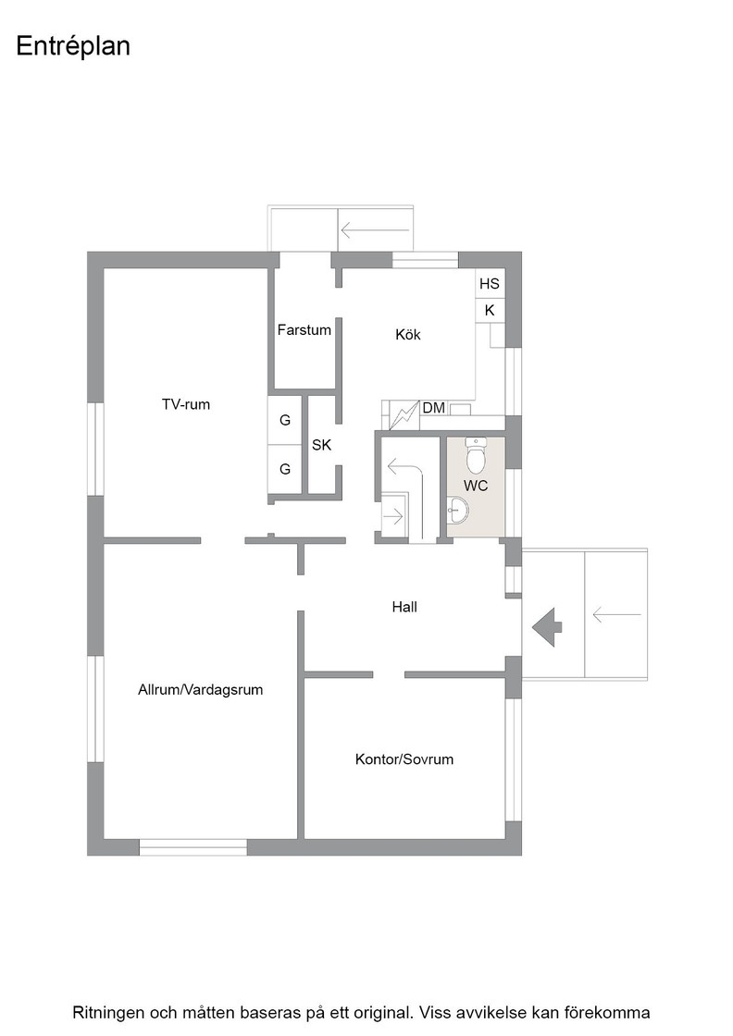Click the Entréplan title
(73, 47)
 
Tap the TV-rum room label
(186, 404)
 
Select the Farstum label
(304, 329)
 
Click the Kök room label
(408, 334)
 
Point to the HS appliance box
(490, 283)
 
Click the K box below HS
(490, 310)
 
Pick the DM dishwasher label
(433, 408)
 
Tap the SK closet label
(321, 445)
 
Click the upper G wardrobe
(285, 420)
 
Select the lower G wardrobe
(285, 469)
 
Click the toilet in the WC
(476, 455)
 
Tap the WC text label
(476, 486)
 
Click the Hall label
(404, 607)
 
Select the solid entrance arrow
(547, 626)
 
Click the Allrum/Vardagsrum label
(200, 690)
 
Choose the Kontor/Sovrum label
(404, 759)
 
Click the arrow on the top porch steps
(375, 230)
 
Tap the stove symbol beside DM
(404, 416)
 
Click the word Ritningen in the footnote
(108, 1013)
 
